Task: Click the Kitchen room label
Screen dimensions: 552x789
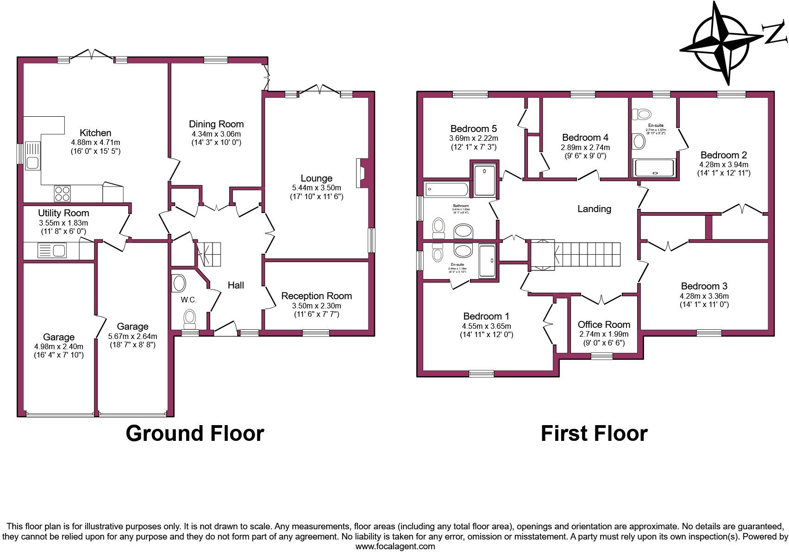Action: (x=95, y=133)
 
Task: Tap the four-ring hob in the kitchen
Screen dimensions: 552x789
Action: (x=63, y=194)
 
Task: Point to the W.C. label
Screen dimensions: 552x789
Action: (x=188, y=300)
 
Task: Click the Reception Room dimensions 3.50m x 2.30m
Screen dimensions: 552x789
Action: (x=316, y=306)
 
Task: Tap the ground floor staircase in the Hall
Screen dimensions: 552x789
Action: (x=209, y=254)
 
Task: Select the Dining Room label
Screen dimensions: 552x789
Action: (x=216, y=124)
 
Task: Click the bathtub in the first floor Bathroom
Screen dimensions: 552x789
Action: (x=446, y=189)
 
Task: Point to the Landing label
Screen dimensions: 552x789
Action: (x=594, y=209)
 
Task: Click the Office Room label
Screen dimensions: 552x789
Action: (x=604, y=325)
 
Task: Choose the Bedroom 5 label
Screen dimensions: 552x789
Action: (x=473, y=129)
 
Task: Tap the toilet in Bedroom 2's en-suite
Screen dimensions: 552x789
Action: (x=642, y=113)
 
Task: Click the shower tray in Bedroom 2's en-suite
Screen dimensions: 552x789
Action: (x=654, y=168)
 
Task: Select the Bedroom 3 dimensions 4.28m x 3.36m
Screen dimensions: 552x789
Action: (x=704, y=296)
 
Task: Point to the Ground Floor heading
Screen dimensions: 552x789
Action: (x=194, y=433)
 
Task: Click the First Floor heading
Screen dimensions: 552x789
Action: (x=594, y=433)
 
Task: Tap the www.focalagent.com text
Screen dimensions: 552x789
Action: (x=395, y=546)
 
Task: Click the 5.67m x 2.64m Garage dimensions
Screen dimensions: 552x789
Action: (x=132, y=336)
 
